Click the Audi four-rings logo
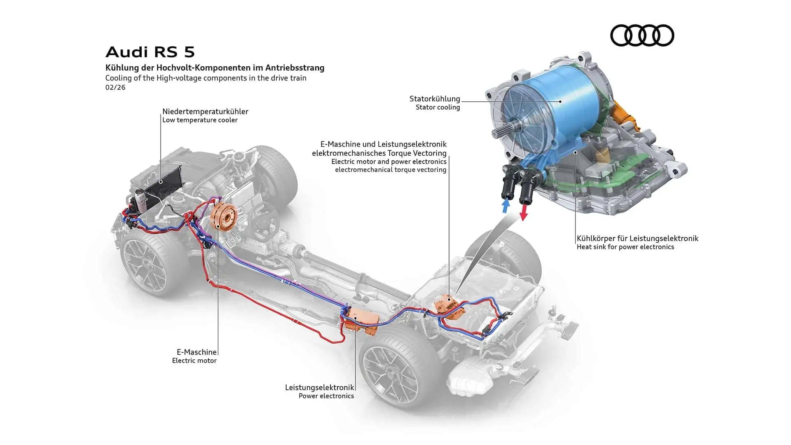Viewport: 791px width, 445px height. [x=642, y=35]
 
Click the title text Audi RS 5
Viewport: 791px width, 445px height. [x=150, y=52]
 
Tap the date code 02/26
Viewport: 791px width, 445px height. [x=115, y=87]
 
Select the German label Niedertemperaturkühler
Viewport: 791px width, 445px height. [x=205, y=111]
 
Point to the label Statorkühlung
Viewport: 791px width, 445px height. [x=435, y=98]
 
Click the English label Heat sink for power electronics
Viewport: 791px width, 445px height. [x=625, y=247]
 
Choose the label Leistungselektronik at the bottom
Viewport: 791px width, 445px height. [x=319, y=387]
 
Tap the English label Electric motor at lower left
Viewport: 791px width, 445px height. [x=194, y=361]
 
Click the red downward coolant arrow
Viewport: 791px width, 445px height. [x=524, y=213]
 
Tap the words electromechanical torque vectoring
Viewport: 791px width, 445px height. [x=390, y=170]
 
